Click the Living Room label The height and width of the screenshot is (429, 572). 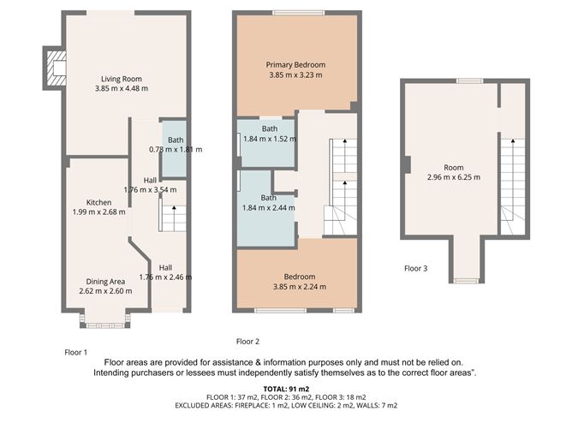point(122,79)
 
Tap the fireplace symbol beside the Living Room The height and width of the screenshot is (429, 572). point(56,69)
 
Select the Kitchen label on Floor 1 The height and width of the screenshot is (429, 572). point(98,202)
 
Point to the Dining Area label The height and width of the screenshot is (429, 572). point(105,282)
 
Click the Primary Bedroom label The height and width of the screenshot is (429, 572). point(296,65)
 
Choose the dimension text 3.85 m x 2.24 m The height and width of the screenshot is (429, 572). point(300,287)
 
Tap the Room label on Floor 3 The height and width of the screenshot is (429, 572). point(454,168)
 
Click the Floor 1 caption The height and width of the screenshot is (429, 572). point(76,353)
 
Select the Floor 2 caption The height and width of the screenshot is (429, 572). point(247,342)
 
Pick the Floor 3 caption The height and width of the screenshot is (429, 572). point(416,269)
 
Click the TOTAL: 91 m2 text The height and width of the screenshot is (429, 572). point(286,390)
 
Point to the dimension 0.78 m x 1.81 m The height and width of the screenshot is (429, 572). point(176,150)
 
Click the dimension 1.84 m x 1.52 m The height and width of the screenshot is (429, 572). point(270,139)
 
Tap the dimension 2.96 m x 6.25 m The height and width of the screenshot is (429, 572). point(454,177)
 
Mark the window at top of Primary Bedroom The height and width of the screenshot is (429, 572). point(299,13)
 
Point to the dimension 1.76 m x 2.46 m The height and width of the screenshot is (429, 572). point(165,277)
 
